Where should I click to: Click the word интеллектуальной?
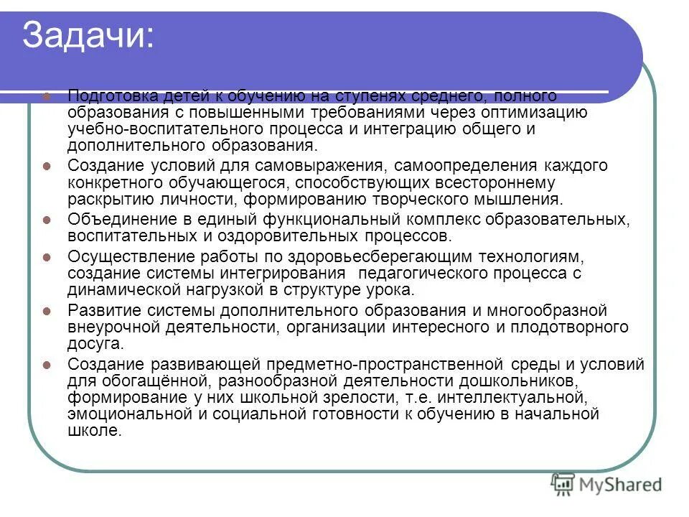click(517, 396)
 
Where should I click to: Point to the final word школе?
click(94, 431)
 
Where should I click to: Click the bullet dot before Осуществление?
click(47, 257)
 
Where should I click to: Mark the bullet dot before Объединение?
click(47, 220)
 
